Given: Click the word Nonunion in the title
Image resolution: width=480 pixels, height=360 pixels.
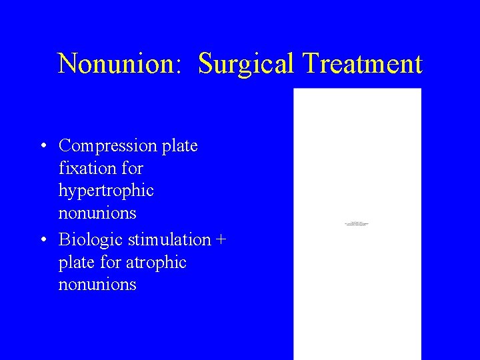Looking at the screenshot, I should point(117,64).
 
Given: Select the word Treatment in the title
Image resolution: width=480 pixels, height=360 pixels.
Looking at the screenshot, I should point(362,64).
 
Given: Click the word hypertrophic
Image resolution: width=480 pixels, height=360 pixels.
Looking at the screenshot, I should point(106,191).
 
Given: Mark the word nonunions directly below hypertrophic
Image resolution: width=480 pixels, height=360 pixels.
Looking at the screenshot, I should point(97,213).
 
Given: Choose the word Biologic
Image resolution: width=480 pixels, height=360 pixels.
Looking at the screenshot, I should point(88,239).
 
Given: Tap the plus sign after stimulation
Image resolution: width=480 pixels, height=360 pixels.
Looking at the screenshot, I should point(221,240).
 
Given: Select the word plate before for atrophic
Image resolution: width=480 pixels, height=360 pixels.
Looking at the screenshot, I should point(75,263).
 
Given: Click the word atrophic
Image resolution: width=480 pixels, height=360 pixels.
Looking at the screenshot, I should point(159,263).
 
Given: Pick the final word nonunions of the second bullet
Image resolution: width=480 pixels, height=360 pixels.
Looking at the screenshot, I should point(97,285).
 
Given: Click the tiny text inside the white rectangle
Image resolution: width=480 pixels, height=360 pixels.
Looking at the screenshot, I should point(357,224).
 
